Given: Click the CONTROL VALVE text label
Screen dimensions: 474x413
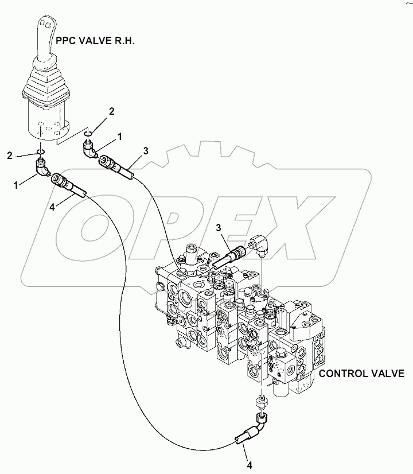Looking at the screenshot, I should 361,374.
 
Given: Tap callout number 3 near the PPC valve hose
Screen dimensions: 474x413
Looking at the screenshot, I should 146,151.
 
